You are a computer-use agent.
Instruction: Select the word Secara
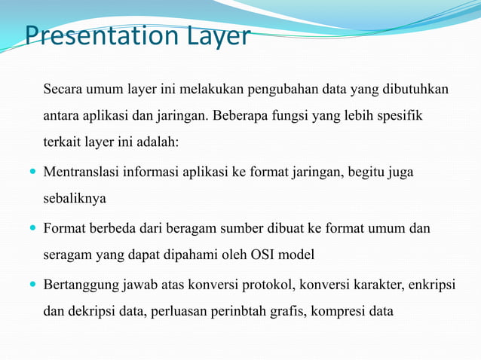(x=64, y=90)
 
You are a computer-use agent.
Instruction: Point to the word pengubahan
(x=282, y=90)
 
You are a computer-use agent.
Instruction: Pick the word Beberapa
(x=241, y=116)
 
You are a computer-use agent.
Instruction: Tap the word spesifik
(x=400, y=116)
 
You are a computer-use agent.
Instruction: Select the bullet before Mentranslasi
(x=31, y=173)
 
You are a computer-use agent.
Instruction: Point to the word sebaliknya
(x=74, y=199)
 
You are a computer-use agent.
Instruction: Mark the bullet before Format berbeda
(x=31, y=228)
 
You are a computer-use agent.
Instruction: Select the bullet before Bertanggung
(x=31, y=284)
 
